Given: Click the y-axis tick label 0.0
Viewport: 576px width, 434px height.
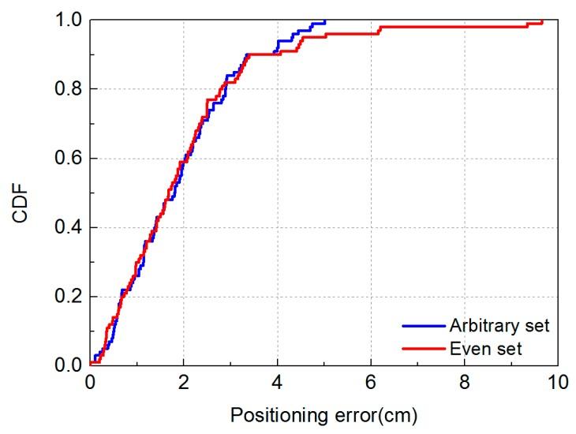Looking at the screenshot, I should (70, 366).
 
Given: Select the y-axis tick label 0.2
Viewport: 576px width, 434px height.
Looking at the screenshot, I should (70, 297).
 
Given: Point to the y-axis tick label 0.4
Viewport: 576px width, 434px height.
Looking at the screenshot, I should (70, 227).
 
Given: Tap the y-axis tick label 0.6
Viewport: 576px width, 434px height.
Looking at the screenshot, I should (70, 158).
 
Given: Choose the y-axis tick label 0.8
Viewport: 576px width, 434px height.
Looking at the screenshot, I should (70, 88).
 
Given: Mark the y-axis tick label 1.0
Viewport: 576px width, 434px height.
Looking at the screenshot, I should (70, 20).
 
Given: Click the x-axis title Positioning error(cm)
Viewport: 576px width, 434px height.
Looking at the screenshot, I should (324, 413).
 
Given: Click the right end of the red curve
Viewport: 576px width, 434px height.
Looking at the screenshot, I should (542, 21).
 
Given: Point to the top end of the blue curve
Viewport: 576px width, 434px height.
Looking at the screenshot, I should (324, 21).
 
